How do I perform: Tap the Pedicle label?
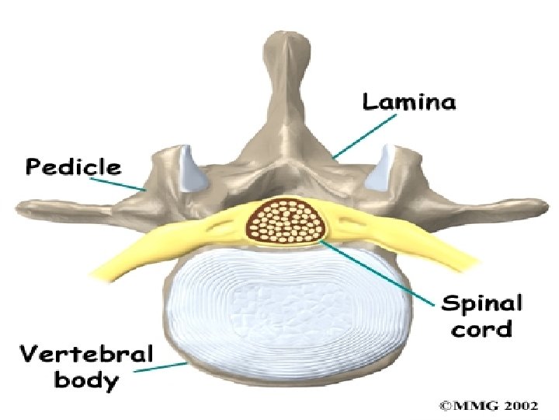point(74,166)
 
